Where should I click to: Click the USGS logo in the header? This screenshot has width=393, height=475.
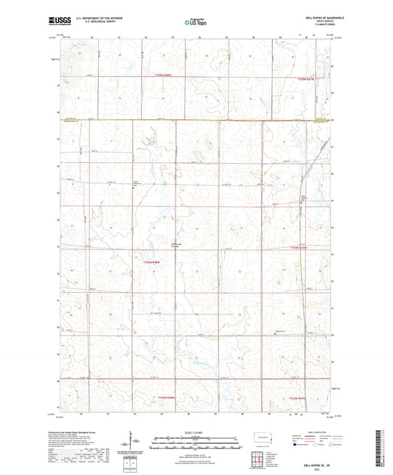(x=58, y=20)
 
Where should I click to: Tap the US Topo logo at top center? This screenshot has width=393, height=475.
(x=194, y=22)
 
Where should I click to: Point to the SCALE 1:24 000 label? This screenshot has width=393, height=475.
(x=195, y=431)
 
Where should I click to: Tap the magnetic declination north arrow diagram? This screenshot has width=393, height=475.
(x=134, y=443)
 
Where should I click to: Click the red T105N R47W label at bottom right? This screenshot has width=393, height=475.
(x=296, y=399)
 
